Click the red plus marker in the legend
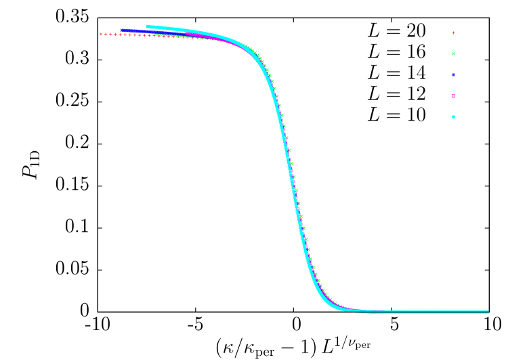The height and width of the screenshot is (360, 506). pyautogui.click(x=453, y=33)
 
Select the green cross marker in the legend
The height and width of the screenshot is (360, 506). pyautogui.click(x=453, y=54)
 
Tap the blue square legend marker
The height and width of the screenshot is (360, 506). pyautogui.click(x=453, y=75)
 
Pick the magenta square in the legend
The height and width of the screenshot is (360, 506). pyautogui.click(x=453, y=96)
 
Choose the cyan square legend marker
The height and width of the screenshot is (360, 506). pyautogui.click(x=453, y=117)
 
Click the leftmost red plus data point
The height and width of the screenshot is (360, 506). pyautogui.click(x=101, y=34)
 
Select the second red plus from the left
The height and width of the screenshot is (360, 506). pyautogui.click(x=106, y=34)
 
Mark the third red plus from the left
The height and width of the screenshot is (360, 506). pyautogui.click(x=110, y=34)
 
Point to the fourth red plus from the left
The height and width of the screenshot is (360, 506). pyautogui.click(x=115, y=34)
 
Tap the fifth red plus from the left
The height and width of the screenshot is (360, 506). pyautogui.click(x=120, y=35)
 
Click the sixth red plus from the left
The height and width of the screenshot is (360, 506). pyautogui.click(x=125, y=35)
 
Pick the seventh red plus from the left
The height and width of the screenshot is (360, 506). pyautogui.click(x=129, y=35)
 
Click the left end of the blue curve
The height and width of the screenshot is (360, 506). pyautogui.click(x=121, y=30)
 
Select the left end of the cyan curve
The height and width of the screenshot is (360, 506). pyautogui.click(x=147, y=27)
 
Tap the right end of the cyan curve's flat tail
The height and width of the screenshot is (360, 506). pyautogui.click(x=488, y=312)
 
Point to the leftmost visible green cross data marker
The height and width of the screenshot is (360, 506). pyautogui.click(x=155, y=35)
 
